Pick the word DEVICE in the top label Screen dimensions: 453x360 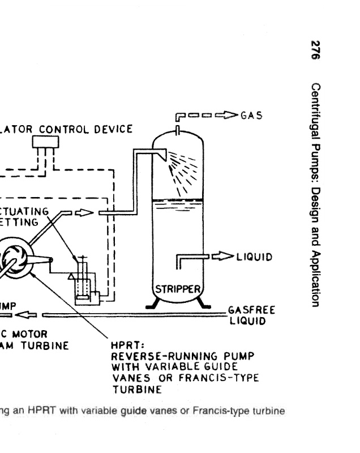(x=114, y=129)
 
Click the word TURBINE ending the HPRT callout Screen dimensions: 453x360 (x=135, y=389)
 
